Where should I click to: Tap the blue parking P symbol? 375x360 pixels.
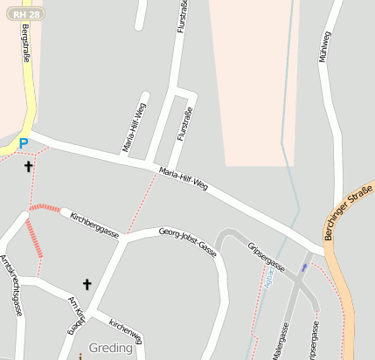pos(24,143)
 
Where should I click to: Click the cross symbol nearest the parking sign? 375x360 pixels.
pos(29,165)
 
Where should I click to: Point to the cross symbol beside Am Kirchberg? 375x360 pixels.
pos(87,283)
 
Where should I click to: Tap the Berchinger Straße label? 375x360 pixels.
pos(348,212)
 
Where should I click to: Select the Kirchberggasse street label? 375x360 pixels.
pos(94,224)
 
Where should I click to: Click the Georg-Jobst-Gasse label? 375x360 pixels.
pos(188,240)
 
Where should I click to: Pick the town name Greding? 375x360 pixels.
pos(111,348)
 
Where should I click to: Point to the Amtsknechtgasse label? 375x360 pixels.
pos(10,285)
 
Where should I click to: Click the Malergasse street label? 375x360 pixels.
pos(284,341)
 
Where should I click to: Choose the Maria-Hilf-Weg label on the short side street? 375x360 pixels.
pos(135,128)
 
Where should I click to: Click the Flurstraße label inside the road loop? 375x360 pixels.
pos(184,124)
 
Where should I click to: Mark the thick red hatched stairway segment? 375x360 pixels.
pos(34,237)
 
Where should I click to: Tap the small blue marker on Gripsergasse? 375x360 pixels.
pos(304,267)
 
